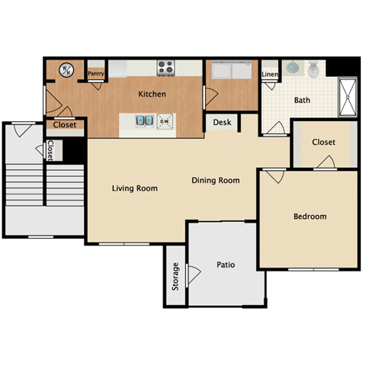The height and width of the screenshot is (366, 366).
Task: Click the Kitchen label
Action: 152,95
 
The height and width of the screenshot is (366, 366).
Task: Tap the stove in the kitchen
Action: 166,69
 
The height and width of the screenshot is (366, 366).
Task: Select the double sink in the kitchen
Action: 143,120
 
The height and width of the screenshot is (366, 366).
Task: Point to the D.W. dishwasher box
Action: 165,120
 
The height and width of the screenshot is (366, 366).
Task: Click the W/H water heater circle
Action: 67,70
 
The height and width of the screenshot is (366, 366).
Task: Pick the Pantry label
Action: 96,74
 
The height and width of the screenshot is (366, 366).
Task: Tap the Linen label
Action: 270,75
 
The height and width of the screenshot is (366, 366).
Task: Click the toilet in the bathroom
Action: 313,70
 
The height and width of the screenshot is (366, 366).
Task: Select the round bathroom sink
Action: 293,69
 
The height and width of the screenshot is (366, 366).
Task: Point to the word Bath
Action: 302,100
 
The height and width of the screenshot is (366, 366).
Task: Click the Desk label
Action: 222,122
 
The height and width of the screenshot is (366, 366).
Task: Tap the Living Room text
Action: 135,188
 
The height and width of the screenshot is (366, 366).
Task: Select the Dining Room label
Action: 215,181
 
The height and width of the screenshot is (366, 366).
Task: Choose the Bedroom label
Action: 310,217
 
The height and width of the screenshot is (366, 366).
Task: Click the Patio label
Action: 225,265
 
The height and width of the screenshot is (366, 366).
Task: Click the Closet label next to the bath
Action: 323,142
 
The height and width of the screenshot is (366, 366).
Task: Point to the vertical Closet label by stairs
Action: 50,150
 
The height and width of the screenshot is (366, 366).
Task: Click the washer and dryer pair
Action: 232,72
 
